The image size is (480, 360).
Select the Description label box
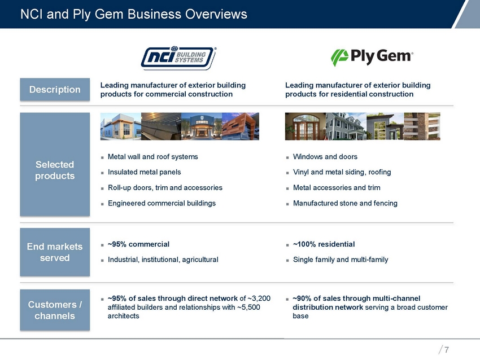click(x=55, y=89)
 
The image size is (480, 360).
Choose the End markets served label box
click(x=55, y=252)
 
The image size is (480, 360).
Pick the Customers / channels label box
click(x=55, y=310)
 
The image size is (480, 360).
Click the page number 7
click(x=447, y=350)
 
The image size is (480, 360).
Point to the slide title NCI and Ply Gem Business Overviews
click(x=134, y=14)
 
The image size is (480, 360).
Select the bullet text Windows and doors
click(x=325, y=156)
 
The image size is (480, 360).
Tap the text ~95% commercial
click(x=138, y=244)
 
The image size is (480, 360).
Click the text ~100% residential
click(x=324, y=244)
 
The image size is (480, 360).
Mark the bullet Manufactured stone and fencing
click(x=345, y=203)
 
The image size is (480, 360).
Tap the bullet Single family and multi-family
click(x=341, y=260)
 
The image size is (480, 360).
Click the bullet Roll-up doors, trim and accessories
click(x=164, y=187)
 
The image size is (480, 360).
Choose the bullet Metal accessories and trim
click(x=337, y=187)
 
